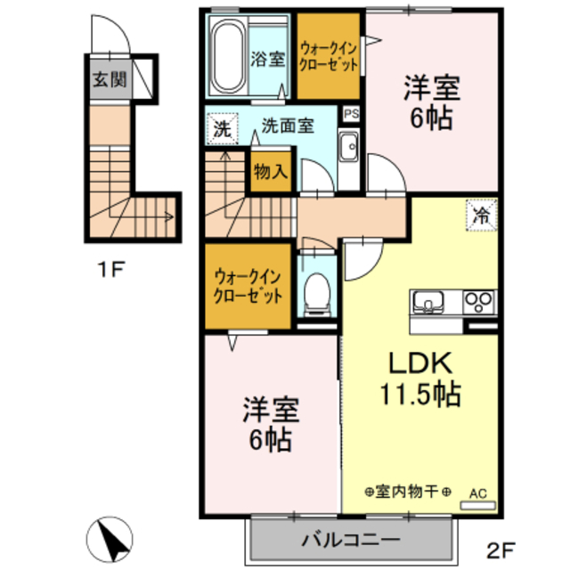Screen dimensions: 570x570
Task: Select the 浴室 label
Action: [x=267, y=60]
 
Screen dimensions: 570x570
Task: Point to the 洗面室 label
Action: [x=287, y=126]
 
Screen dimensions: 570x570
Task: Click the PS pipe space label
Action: [x=352, y=114]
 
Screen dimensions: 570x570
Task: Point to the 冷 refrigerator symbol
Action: [x=481, y=215]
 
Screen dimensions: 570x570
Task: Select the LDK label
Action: [x=420, y=362]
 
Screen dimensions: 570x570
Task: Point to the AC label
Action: [x=478, y=492]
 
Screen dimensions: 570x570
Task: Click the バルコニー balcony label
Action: [x=349, y=538]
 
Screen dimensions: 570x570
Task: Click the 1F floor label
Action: [x=110, y=267]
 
